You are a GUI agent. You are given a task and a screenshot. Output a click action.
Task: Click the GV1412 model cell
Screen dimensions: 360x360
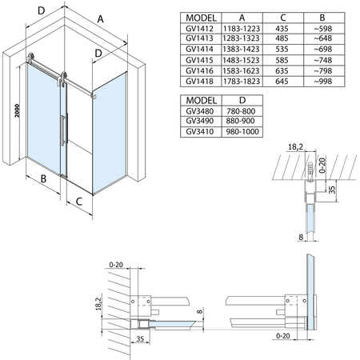point(199,28)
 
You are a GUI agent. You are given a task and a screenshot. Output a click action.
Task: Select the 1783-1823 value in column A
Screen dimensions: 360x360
point(242,82)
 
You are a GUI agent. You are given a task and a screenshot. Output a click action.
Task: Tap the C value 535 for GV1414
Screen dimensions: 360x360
point(282,49)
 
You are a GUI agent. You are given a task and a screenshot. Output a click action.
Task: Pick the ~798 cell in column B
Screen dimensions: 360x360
point(323,70)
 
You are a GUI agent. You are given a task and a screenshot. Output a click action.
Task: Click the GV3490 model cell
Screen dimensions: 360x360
point(200,121)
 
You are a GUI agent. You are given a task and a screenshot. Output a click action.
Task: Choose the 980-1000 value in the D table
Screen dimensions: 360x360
point(242,131)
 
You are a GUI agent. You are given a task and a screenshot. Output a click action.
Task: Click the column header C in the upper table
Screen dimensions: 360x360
point(283,18)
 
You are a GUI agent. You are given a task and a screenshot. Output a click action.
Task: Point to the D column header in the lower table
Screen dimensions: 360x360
point(242,100)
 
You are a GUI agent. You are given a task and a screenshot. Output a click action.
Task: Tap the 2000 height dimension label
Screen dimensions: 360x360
point(17,111)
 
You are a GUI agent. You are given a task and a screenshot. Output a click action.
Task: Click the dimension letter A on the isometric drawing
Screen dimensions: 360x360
point(100,19)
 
